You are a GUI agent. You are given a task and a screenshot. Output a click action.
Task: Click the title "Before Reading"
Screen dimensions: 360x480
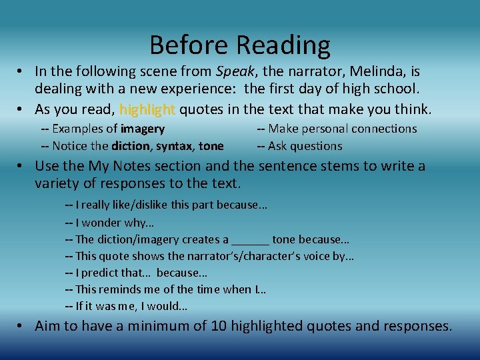(x=240, y=45)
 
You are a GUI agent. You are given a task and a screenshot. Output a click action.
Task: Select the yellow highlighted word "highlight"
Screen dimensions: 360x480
(x=147, y=109)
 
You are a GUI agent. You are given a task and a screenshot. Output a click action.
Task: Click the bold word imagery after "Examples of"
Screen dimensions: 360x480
(x=143, y=129)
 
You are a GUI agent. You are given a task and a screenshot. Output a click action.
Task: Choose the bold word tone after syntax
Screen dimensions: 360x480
(x=211, y=146)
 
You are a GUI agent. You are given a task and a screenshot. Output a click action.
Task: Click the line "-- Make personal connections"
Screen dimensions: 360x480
(x=337, y=129)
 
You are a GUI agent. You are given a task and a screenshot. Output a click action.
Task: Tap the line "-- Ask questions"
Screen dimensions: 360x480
(x=299, y=146)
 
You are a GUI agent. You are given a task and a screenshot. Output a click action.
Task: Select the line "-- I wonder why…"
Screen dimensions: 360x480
(x=110, y=223)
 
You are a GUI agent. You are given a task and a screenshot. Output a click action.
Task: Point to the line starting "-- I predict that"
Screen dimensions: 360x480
(x=136, y=273)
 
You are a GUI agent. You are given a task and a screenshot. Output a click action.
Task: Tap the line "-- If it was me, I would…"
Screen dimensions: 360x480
(x=126, y=307)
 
